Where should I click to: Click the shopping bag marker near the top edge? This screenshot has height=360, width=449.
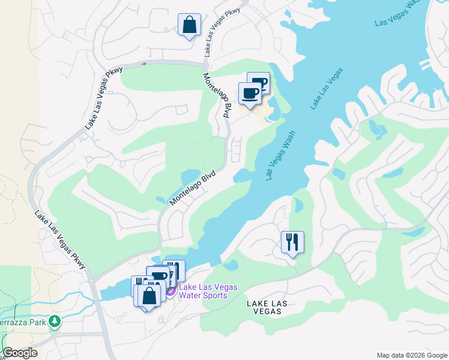click(189, 26)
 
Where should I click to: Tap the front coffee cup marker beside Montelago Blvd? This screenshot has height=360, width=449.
click(250, 94)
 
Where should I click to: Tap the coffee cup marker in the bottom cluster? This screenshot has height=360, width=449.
click(158, 276)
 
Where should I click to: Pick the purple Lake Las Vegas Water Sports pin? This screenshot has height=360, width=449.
click(170, 291)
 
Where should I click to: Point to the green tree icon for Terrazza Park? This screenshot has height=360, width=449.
click(55, 322)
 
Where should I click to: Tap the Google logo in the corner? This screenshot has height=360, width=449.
click(20, 353)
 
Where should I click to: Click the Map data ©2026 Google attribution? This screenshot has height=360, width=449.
click(412, 355)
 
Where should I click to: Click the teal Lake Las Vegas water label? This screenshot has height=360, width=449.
click(327, 88)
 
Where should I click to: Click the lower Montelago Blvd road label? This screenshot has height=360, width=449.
click(192, 187)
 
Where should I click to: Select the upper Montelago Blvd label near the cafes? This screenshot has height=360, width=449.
click(217, 96)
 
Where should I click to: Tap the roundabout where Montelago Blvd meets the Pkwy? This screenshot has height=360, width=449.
click(205, 65)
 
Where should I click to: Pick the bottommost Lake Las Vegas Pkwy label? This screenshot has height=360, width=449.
click(60, 242)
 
